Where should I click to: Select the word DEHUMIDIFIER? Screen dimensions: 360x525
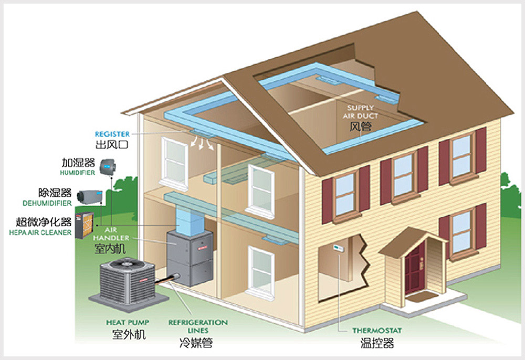pyautogui.click(x=47, y=203)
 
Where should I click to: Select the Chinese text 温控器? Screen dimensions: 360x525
pyautogui.click(x=376, y=344)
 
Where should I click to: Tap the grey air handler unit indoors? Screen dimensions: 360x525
pyautogui.click(x=190, y=257)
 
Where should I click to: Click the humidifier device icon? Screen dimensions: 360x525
pyautogui.click(x=107, y=164)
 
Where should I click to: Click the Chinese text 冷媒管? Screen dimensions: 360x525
pyautogui.click(x=195, y=344)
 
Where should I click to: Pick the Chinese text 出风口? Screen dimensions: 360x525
pyautogui.click(x=112, y=144)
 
